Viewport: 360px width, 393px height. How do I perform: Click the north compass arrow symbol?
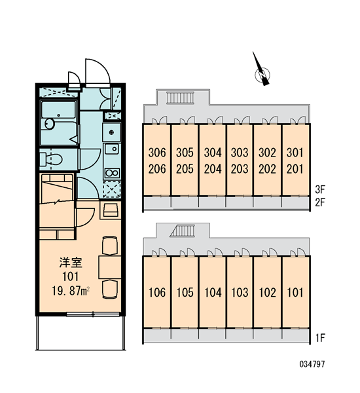click(x=262, y=70)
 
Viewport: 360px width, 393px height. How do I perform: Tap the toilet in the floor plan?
click(x=51, y=159)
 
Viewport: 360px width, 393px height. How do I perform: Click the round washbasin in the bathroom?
click(x=50, y=124)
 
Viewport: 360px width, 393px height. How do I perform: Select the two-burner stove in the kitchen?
click(x=112, y=173)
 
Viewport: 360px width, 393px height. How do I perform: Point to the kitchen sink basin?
click(x=112, y=149)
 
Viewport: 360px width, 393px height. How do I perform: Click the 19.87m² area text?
click(x=71, y=291)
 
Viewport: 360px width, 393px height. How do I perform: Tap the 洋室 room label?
click(x=71, y=263)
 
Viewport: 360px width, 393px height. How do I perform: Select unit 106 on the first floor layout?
click(x=157, y=293)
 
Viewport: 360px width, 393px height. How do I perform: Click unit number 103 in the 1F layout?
click(x=240, y=293)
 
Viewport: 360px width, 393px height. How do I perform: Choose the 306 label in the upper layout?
click(x=157, y=153)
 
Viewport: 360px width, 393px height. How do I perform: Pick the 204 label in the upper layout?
click(x=213, y=169)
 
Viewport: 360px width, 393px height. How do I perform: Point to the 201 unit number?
click(x=295, y=169)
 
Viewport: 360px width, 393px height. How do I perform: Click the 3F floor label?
click(x=320, y=190)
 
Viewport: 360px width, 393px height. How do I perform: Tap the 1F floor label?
click(x=320, y=338)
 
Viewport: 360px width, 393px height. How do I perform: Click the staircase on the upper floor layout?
click(x=181, y=98)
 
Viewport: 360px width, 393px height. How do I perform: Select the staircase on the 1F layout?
click(x=182, y=231)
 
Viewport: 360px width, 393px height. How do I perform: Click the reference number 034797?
click(x=312, y=364)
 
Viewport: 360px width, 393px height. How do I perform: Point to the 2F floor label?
click(x=320, y=202)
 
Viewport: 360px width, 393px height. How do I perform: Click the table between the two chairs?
click(x=110, y=267)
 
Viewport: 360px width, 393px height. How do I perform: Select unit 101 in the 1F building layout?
click(x=295, y=293)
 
